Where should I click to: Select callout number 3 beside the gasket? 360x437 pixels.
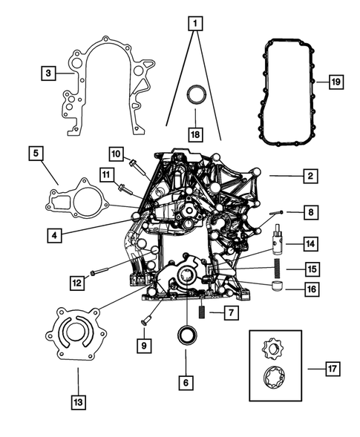(48, 73)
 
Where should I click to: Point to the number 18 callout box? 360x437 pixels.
(194, 135)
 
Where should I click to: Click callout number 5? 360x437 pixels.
(35, 154)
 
